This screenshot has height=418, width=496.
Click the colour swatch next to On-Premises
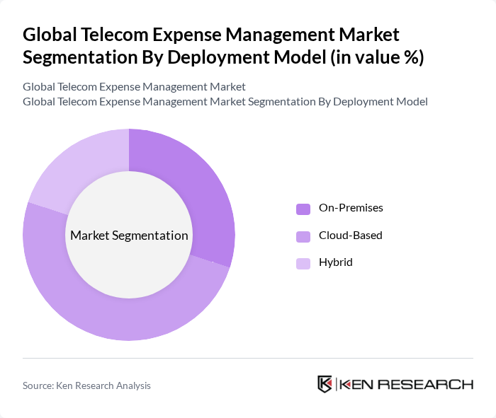[x=303, y=209]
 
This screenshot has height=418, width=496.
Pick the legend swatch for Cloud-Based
[x=303, y=236]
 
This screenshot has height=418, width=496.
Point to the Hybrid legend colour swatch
[x=303, y=263]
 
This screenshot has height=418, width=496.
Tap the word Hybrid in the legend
[x=335, y=262]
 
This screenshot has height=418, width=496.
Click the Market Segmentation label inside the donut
[x=128, y=236]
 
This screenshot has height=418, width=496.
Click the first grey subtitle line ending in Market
[x=134, y=87]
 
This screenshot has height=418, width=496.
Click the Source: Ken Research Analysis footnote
[x=86, y=385]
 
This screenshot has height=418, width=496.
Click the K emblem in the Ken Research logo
[x=325, y=384]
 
